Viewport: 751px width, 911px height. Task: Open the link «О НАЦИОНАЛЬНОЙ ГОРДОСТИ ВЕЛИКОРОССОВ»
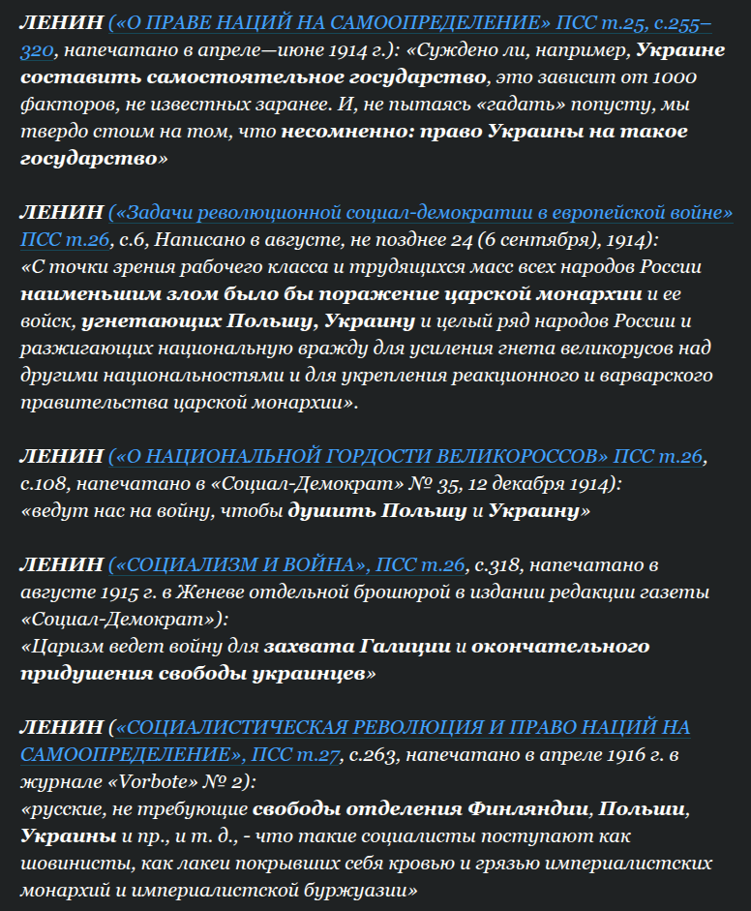358,455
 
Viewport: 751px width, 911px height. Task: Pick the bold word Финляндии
526,807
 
